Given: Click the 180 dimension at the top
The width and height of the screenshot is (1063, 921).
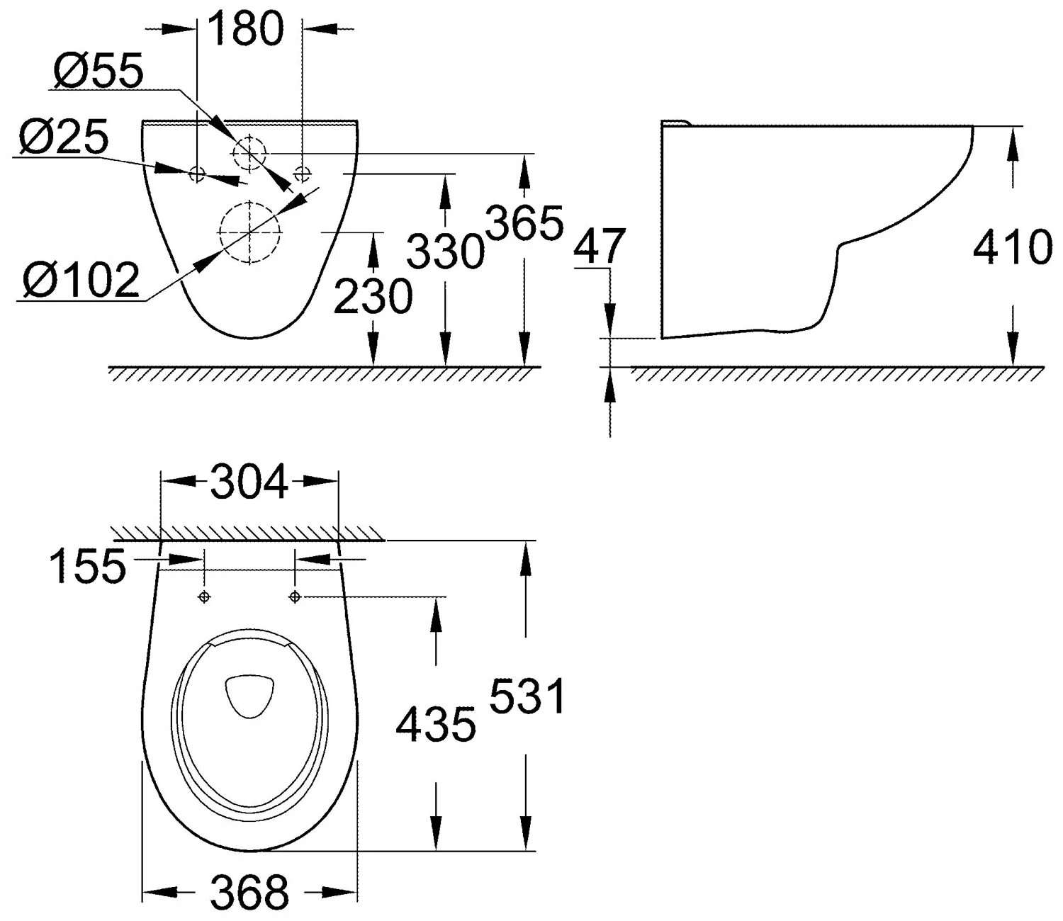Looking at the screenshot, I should click(x=247, y=30).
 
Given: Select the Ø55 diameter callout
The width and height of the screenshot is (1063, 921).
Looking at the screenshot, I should click(x=99, y=71).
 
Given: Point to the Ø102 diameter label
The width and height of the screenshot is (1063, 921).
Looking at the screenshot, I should click(x=80, y=280).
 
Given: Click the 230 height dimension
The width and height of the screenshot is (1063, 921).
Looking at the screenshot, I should click(x=373, y=296).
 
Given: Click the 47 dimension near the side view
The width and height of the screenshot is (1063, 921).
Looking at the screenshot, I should click(x=599, y=245).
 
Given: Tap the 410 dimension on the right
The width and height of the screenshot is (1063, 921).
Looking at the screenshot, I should click(x=1012, y=247).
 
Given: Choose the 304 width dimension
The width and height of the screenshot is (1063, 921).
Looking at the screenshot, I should click(x=249, y=482).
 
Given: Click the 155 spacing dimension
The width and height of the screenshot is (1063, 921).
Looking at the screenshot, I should click(x=87, y=567).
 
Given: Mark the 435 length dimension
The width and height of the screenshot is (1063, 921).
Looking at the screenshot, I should click(x=435, y=724).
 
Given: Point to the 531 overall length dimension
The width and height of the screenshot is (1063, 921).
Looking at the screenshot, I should click(x=528, y=696).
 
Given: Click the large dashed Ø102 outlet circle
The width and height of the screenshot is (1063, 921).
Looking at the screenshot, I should click(x=250, y=232).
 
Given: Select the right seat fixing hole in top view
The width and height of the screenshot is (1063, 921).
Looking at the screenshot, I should click(x=296, y=597).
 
